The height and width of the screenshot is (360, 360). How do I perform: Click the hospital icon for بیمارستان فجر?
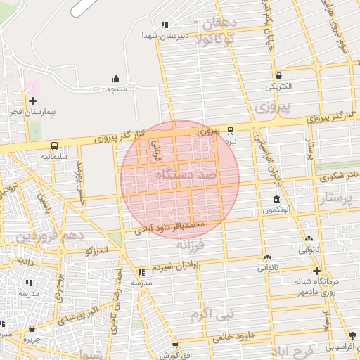(x=33, y=101)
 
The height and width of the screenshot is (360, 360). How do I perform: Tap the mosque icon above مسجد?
(x=116, y=78)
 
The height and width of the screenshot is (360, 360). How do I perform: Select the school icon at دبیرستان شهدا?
(x=165, y=25)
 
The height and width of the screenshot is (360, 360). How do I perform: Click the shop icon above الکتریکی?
(x=279, y=76)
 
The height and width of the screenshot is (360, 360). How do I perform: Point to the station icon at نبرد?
(x=231, y=130)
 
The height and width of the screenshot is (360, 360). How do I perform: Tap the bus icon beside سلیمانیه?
(x=55, y=146)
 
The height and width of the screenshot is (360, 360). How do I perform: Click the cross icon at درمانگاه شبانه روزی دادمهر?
(x=316, y=271)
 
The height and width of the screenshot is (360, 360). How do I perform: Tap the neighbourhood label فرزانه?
(x=190, y=245)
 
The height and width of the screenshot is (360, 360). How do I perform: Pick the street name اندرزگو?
(x=96, y=250)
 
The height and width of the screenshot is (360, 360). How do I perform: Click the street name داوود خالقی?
(x=234, y=337)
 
